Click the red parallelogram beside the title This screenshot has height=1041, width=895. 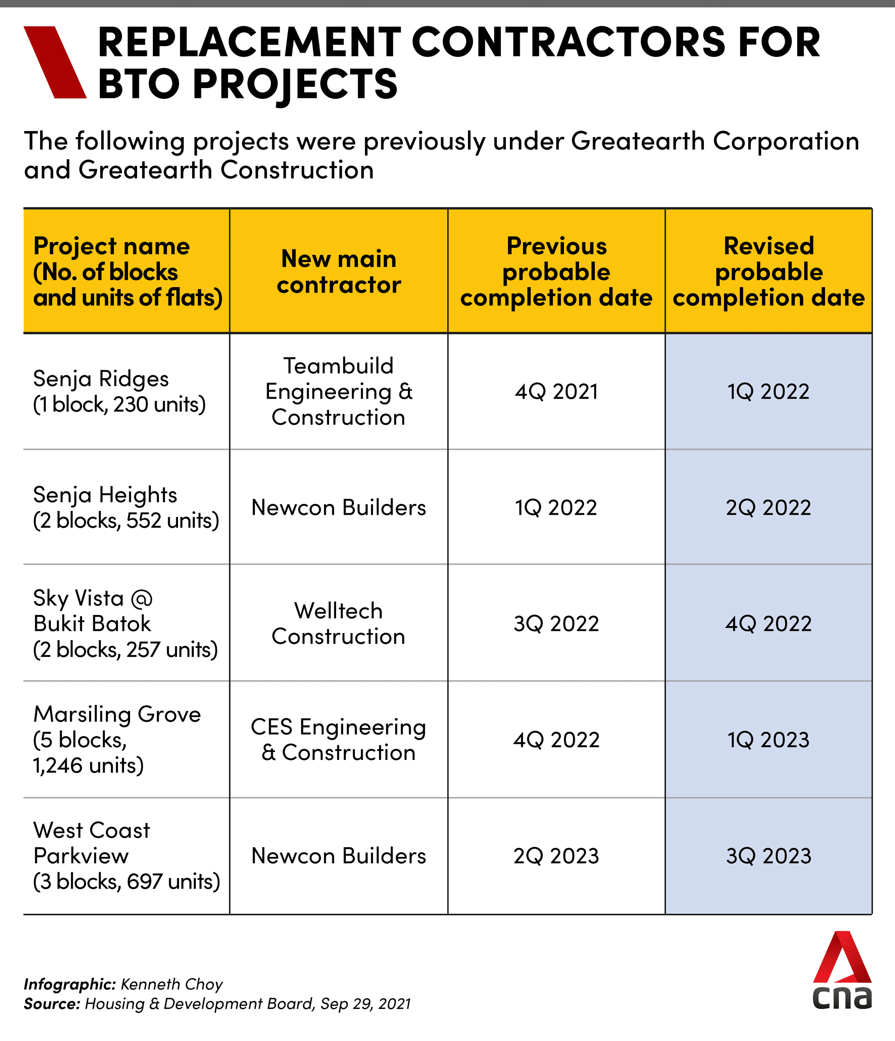(55, 62)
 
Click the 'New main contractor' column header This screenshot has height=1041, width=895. (338, 272)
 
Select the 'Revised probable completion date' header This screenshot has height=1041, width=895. (768, 272)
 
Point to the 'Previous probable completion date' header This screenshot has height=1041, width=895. (556, 272)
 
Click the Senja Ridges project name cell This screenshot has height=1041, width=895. (119, 392)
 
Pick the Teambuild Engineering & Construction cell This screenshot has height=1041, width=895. (338, 392)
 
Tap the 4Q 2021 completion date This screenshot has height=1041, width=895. (556, 392)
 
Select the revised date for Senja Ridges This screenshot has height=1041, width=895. (768, 392)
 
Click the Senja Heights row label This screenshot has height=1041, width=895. (125, 507)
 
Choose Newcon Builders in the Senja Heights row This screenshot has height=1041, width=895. (338, 507)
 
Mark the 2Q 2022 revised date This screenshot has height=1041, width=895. (768, 507)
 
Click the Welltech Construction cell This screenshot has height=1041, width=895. (338, 623)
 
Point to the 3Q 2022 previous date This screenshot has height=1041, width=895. (556, 623)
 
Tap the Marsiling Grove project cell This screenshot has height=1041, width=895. (117, 739)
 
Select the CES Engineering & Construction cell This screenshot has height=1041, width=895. (338, 739)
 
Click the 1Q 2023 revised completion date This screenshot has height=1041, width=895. (768, 739)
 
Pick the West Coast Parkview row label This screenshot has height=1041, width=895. (125, 855)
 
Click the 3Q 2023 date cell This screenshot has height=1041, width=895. (768, 855)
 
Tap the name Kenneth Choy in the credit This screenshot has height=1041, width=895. (172, 984)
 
